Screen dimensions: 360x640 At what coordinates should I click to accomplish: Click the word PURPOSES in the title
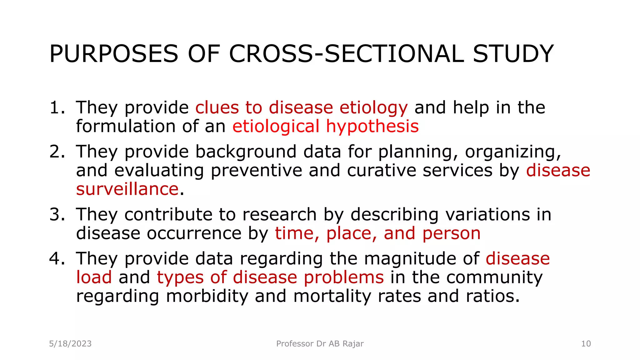(x=114, y=54)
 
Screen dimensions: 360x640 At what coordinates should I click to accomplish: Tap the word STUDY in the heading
(x=513, y=54)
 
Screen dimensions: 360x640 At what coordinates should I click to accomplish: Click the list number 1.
(x=57, y=108)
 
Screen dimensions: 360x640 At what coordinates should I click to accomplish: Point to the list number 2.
(x=57, y=152)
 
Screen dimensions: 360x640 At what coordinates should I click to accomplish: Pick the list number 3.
(x=57, y=215)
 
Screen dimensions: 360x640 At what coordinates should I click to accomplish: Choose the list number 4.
(x=57, y=259)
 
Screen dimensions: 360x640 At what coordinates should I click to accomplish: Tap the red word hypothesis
(x=372, y=127)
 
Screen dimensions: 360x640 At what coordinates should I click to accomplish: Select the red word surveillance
(x=127, y=189)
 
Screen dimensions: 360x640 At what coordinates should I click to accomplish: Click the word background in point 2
(x=246, y=152)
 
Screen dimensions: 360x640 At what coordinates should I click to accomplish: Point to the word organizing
(x=513, y=152)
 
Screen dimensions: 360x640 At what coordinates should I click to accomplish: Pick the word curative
(x=381, y=171)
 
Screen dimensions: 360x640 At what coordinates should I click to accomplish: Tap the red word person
(x=451, y=234)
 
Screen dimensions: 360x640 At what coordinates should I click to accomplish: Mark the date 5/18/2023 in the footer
(x=70, y=344)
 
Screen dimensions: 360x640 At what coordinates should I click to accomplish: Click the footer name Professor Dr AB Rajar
(x=320, y=344)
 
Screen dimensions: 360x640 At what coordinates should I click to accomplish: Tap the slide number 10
(x=586, y=344)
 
